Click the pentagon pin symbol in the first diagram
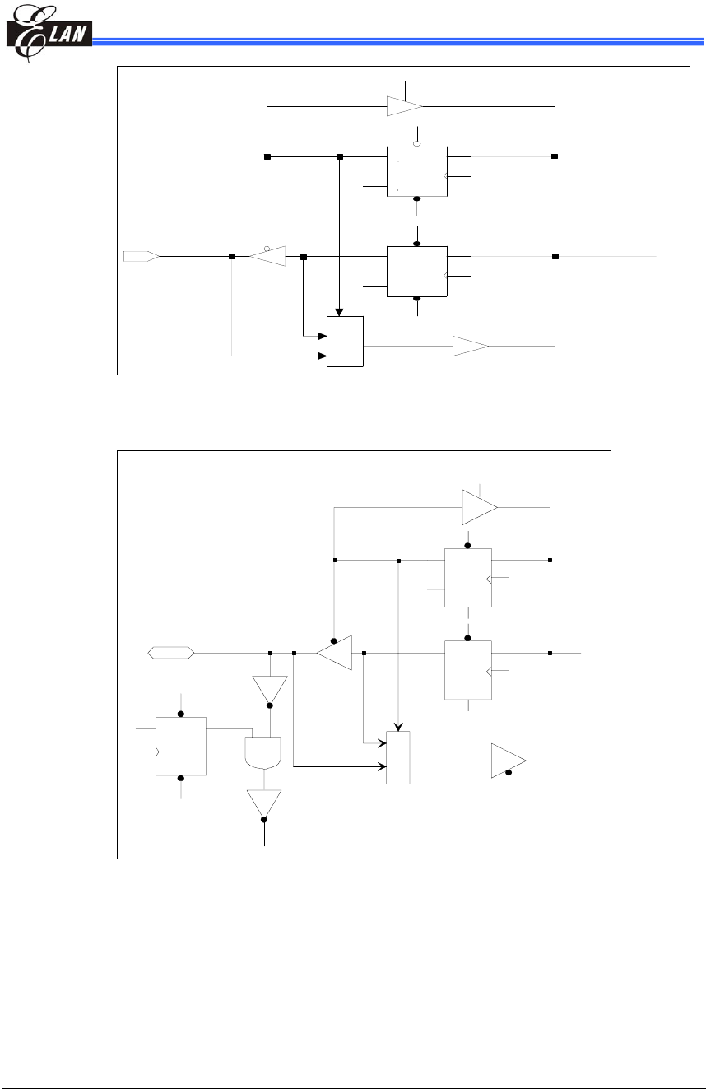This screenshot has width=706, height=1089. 141,256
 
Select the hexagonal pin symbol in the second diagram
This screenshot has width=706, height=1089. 170,653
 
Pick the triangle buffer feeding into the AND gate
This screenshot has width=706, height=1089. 270,690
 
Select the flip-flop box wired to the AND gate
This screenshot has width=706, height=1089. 181,746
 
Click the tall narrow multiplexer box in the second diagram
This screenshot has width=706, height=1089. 398,757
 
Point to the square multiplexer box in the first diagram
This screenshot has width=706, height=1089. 346,340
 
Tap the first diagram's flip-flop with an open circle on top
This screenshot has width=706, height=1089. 417,171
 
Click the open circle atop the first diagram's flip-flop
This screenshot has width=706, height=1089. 417,143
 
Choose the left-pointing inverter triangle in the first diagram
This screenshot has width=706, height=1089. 267,256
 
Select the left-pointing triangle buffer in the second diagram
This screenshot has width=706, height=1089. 335,653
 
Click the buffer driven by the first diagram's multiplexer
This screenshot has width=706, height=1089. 470,346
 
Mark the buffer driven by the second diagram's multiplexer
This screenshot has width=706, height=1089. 508,761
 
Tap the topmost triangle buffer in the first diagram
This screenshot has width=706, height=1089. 404,106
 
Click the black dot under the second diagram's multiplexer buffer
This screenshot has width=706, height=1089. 509,772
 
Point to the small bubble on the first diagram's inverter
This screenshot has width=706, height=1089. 267,248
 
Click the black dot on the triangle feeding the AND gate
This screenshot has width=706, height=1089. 270,705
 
